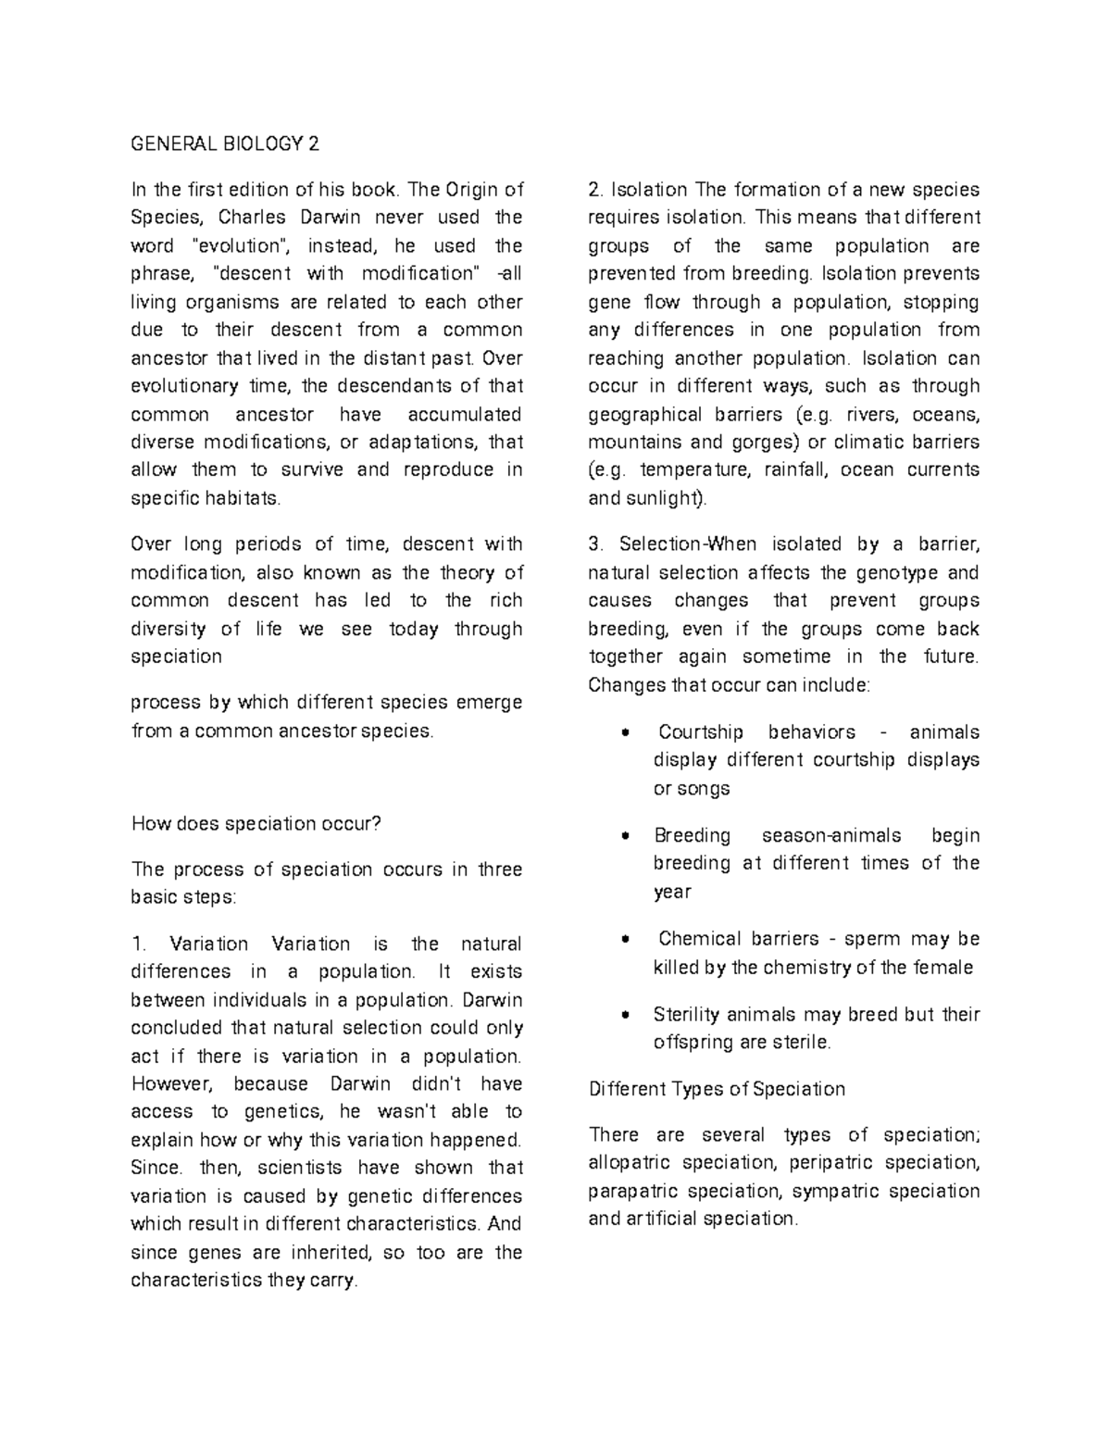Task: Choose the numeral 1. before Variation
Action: coord(139,944)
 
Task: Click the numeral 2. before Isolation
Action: coord(595,190)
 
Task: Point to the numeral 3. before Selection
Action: coord(595,544)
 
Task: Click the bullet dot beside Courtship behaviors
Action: coord(627,732)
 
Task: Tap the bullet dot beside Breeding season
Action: coord(627,835)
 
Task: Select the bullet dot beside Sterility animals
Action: coord(627,1015)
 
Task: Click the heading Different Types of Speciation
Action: coord(717,1089)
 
